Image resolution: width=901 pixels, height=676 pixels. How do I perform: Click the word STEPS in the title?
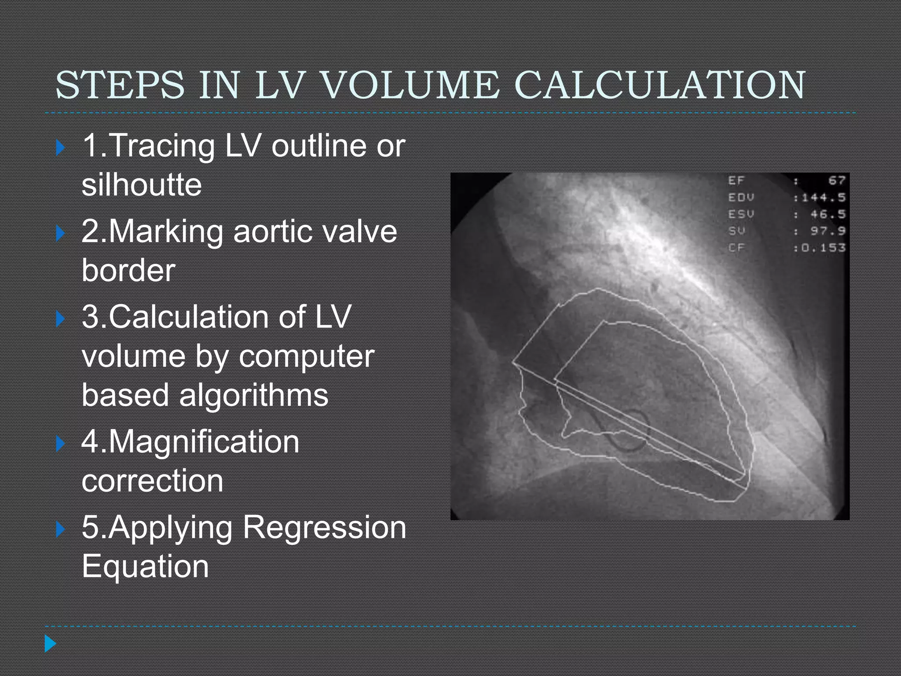click(120, 84)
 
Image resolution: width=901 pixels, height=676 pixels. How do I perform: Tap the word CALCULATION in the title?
click(660, 84)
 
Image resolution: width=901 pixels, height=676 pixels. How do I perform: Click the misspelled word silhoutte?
click(142, 184)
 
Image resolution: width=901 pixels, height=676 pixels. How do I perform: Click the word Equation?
click(145, 566)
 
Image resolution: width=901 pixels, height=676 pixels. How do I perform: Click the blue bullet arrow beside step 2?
click(61, 233)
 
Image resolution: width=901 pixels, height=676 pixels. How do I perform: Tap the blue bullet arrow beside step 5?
click(61, 529)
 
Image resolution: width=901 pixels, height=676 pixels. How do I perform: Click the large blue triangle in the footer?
click(51, 644)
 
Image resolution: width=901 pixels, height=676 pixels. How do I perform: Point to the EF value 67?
click(836, 180)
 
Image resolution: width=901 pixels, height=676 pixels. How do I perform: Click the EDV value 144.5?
click(823, 198)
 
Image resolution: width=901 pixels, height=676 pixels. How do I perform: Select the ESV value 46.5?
click(828, 214)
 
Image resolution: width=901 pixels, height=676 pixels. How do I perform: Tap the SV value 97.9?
click(828, 231)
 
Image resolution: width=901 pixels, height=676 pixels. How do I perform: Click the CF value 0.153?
click(823, 248)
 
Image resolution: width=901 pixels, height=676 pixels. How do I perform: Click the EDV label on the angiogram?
click(741, 198)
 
